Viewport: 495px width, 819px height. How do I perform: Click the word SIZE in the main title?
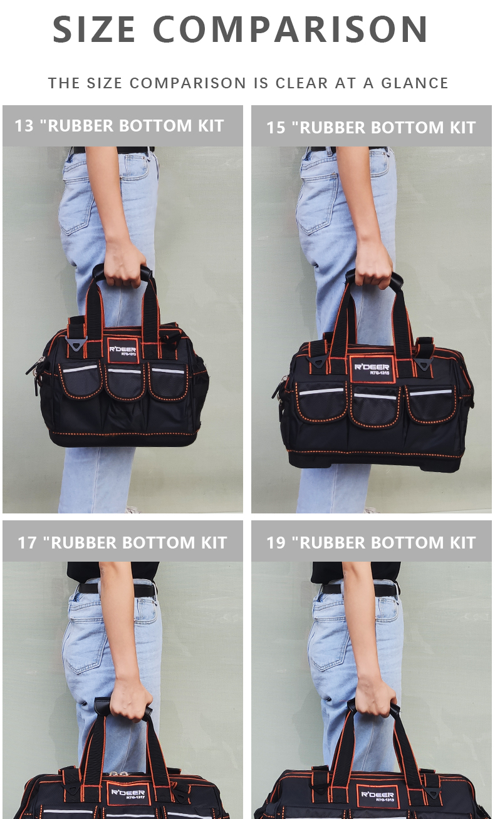(94, 29)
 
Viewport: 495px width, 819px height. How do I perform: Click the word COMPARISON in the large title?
(290, 29)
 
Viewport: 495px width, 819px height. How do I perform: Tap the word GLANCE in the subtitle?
(415, 83)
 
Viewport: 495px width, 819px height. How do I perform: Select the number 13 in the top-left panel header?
(24, 126)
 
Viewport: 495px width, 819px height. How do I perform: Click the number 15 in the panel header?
(276, 128)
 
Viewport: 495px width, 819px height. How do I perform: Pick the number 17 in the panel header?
(27, 543)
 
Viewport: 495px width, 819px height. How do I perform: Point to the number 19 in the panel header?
(276, 543)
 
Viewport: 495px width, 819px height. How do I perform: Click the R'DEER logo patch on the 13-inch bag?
(123, 351)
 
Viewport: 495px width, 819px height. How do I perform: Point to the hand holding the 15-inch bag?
(373, 267)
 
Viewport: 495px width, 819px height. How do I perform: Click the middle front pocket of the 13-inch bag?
(125, 384)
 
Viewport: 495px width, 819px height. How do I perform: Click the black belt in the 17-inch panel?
(117, 589)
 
